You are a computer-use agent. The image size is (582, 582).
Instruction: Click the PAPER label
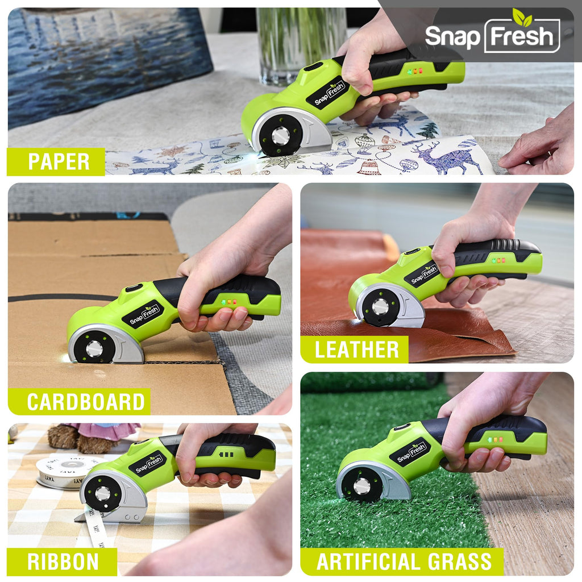(x=59, y=161)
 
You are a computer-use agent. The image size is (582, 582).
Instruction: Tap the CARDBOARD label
(x=86, y=402)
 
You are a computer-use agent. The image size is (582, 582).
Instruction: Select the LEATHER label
(x=357, y=350)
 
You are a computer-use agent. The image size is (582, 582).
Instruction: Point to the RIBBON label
(x=63, y=562)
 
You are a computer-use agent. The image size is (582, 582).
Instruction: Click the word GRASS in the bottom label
(x=460, y=562)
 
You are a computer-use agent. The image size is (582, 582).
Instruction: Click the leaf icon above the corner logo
(x=522, y=16)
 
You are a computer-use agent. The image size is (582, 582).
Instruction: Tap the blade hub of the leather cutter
(x=380, y=306)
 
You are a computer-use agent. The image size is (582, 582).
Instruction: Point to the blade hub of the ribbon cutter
(x=103, y=493)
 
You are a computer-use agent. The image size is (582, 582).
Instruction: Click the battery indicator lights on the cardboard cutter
(x=229, y=302)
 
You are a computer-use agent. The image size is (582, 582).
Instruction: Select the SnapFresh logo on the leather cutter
(x=424, y=275)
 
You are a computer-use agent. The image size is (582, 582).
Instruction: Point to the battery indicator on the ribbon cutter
(x=226, y=454)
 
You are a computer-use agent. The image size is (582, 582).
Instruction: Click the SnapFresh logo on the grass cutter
(x=411, y=452)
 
